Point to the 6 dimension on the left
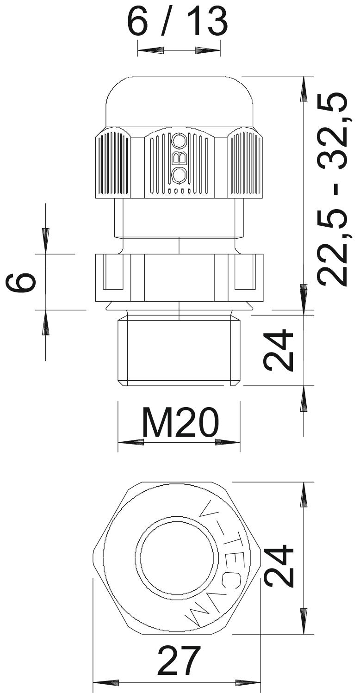pyautogui.click(x=21, y=282)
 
